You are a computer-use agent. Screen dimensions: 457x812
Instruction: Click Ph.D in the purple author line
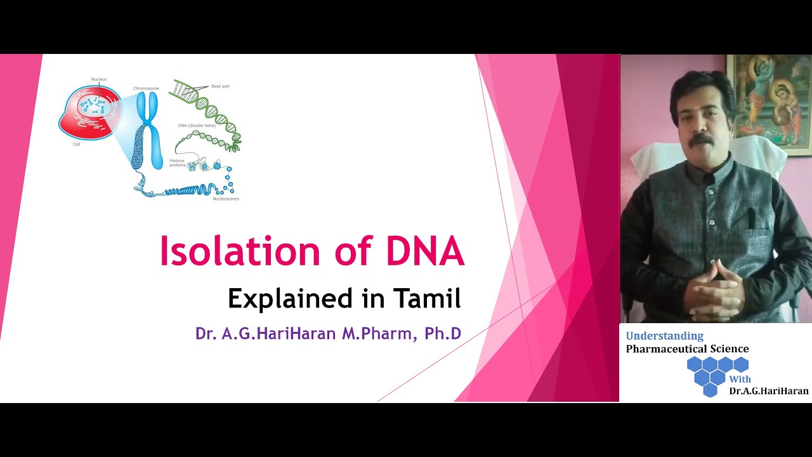point(443,333)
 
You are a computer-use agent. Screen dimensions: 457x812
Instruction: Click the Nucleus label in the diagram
point(98,79)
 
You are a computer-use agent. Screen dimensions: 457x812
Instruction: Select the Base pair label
point(220,86)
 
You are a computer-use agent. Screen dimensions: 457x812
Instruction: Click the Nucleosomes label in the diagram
point(225,199)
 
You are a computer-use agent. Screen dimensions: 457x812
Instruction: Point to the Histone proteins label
point(177,163)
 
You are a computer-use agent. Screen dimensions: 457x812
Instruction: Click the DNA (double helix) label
point(197,126)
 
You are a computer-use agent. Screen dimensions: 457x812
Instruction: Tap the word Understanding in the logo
point(664,336)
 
